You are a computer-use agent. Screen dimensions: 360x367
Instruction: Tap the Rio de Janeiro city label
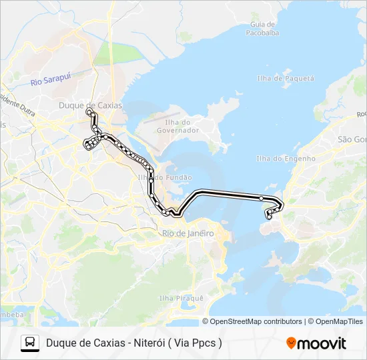point(188,233)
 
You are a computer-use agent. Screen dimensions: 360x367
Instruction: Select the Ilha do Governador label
point(178,126)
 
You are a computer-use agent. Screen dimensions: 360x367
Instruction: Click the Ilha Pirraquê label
point(181,298)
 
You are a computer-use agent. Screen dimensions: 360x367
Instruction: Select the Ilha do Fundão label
point(164,177)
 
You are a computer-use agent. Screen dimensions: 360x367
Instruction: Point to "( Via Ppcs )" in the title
point(197,343)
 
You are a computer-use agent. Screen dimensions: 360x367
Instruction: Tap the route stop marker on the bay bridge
point(261,198)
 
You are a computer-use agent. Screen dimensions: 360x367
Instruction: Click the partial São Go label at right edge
point(352,139)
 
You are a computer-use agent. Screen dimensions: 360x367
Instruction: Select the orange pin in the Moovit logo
point(291,343)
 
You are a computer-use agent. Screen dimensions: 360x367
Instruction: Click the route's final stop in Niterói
point(269,217)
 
